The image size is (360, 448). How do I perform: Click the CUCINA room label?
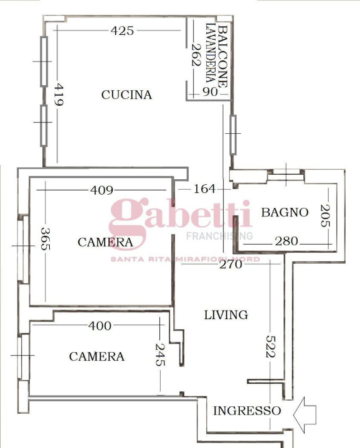[x=126, y=95]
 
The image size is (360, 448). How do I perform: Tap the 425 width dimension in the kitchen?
[x=122, y=30]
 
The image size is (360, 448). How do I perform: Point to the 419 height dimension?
[x=58, y=96]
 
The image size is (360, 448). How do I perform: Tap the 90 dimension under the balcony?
[x=210, y=92]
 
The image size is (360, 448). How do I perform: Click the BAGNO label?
[x=285, y=212]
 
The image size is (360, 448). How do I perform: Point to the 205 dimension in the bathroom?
[x=324, y=216]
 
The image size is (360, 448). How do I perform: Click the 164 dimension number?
[x=204, y=189]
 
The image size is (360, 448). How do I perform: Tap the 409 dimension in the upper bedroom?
[x=102, y=190]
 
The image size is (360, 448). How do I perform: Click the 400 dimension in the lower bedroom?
[x=100, y=325]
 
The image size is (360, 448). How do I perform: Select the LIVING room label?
[x=226, y=315]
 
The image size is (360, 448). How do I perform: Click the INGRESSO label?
[x=247, y=411]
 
